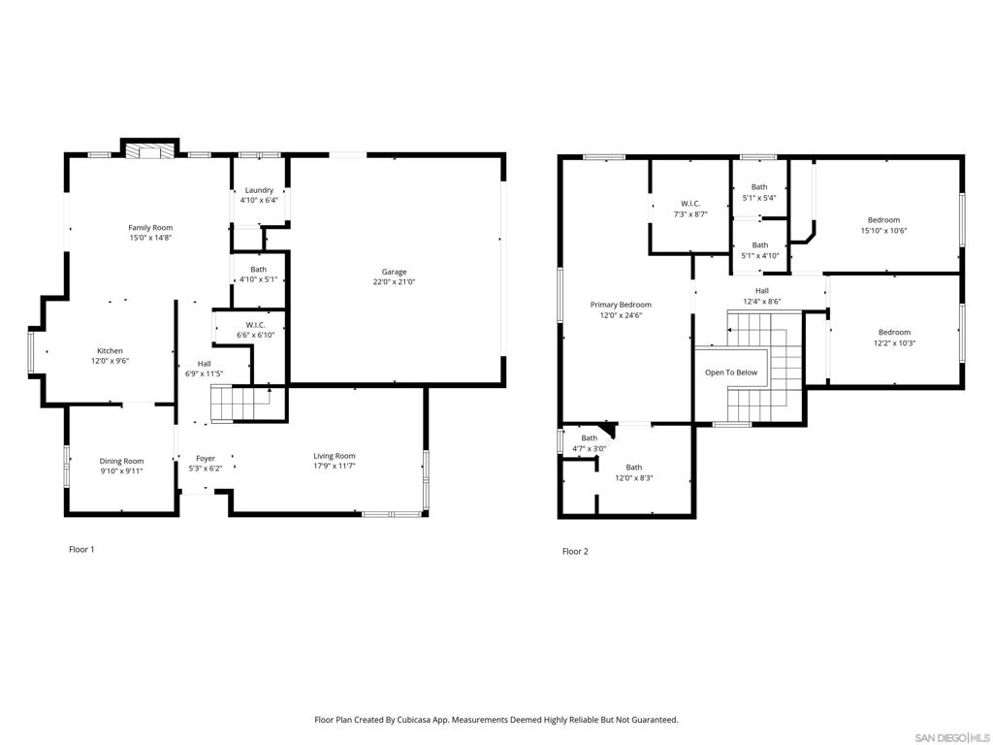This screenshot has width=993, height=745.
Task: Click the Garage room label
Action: (x=394, y=272)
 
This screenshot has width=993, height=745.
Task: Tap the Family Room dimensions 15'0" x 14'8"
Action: (x=150, y=238)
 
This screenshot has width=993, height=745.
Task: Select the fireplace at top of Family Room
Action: (x=148, y=150)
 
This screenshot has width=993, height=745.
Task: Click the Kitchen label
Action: (x=110, y=351)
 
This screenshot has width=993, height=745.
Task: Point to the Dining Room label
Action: (x=121, y=461)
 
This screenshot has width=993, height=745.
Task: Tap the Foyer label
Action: (x=206, y=458)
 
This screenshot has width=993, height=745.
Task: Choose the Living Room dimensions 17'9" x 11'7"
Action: (x=334, y=467)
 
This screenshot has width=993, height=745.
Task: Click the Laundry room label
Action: (x=259, y=190)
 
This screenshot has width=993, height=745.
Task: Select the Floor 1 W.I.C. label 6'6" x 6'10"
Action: (x=256, y=330)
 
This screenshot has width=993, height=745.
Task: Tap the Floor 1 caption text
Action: (x=81, y=549)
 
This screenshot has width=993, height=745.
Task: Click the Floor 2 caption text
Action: (x=575, y=551)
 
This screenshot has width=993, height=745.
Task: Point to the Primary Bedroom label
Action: (x=621, y=305)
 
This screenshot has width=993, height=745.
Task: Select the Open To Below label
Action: (x=731, y=372)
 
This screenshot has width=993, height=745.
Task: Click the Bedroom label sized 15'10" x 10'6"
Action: (x=883, y=220)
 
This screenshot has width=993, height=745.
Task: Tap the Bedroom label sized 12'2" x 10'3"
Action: (x=894, y=332)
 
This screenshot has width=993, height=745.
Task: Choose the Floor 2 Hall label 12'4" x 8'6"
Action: (x=762, y=291)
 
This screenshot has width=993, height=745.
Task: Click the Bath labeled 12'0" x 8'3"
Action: (x=633, y=468)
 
